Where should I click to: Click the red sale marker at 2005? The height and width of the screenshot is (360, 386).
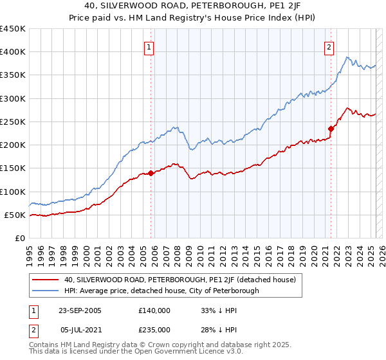pos(151,173)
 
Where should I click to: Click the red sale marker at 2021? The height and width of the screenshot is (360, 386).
pos(331,128)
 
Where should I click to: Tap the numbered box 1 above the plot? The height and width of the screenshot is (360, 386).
pos(149,47)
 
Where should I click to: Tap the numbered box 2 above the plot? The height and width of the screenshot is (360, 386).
pos(329,47)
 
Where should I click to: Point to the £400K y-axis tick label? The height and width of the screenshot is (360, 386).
pos(13,52)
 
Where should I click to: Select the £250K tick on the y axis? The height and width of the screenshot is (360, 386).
pos(13,122)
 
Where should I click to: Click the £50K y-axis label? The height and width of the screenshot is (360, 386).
pos(15,215)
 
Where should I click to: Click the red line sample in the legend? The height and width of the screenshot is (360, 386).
pos(46,280)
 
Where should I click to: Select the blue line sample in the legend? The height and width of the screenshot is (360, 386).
pos(46,291)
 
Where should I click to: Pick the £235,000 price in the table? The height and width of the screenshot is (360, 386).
pos(154,330)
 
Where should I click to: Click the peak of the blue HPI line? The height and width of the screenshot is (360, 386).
pos(347,57)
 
